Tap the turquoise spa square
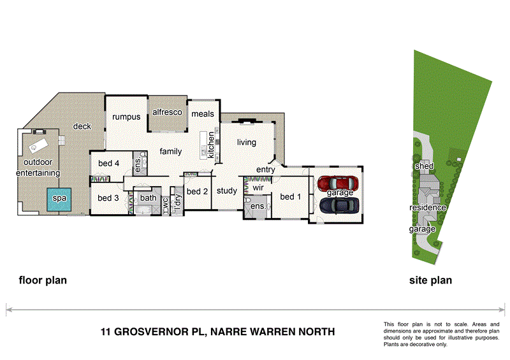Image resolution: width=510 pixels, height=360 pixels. click(x=59, y=199)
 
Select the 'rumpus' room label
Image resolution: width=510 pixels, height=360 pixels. click(x=126, y=117)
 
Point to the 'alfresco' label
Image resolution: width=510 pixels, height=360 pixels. click(x=167, y=112)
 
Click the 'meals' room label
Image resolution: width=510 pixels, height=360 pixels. click(x=202, y=115)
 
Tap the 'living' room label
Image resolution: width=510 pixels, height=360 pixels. click(x=246, y=143)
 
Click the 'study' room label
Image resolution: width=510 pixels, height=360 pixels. click(x=226, y=191)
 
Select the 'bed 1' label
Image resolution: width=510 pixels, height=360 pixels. click(x=291, y=197)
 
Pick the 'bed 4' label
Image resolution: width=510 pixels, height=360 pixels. click(x=108, y=164)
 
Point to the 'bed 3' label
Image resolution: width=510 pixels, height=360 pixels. click(x=108, y=198)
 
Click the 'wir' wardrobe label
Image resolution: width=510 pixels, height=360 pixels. click(x=258, y=189)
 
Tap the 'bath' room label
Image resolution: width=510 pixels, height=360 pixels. click(x=148, y=198)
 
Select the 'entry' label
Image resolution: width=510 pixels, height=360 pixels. click(x=265, y=169)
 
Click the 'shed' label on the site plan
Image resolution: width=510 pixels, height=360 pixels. click(x=425, y=166)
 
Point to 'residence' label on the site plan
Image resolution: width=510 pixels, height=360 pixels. click(x=427, y=208)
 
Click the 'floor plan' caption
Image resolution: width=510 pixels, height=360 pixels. click(x=43, y=280)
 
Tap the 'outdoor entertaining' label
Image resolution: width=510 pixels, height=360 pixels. click(x=38, y=168)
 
